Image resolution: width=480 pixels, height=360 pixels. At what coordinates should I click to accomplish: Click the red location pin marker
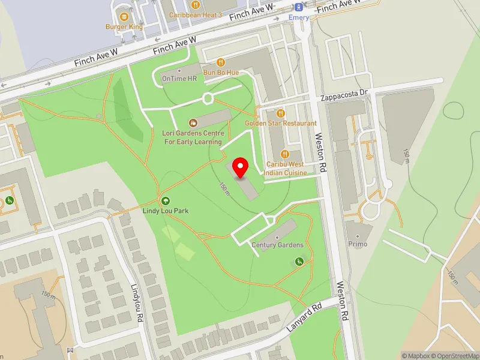click(241, 167)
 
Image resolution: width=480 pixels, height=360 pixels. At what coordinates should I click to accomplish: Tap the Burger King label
click(124, 26)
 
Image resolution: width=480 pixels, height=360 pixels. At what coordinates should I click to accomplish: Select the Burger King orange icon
click(124, 16)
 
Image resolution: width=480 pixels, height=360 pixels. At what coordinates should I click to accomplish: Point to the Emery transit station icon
click(298, 7)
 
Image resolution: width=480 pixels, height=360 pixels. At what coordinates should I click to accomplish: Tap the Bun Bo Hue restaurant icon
click(221, 62)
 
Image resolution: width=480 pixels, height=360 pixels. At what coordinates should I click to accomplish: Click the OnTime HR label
click(179, 79)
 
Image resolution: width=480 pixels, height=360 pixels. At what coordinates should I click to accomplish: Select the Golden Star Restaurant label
click(280, 123)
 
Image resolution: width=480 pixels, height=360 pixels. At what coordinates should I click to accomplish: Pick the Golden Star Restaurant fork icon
click(280, 113)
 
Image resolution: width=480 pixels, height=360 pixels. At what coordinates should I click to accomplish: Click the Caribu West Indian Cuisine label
click(287, 168)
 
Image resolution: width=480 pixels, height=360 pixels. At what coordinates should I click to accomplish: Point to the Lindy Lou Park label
click(166, 211)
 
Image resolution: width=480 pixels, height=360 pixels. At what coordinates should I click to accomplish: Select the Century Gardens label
click(277, 245)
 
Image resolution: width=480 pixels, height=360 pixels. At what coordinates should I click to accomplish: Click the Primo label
click(358, 244)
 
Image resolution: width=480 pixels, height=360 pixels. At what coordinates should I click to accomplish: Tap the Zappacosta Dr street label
click(343, 94)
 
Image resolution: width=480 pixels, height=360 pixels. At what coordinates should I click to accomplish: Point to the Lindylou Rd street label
click(138, 301)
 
